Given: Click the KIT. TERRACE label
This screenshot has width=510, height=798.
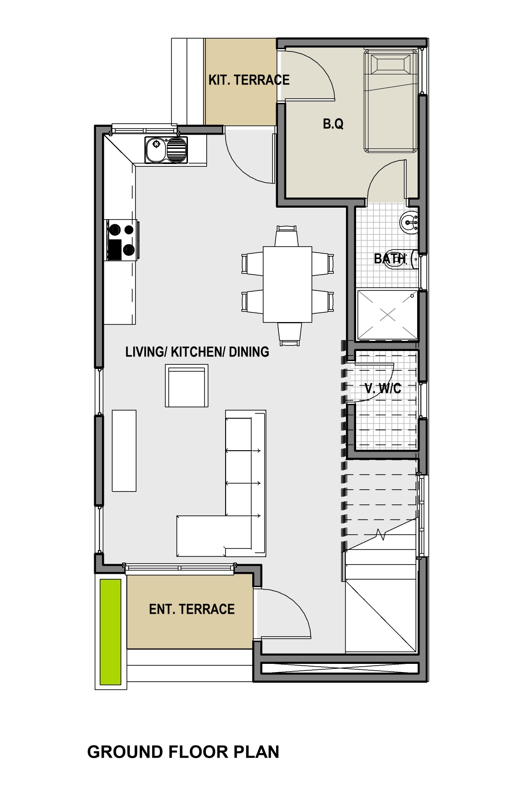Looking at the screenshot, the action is tap(249, 80).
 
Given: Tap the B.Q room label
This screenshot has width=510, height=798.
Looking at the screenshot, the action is tap(333, 124).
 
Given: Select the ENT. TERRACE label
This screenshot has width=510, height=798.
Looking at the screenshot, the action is tap(192, 609).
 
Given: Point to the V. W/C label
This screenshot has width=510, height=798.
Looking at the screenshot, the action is tap(383, 388).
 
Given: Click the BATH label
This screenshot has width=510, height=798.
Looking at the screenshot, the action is tap(390, 259).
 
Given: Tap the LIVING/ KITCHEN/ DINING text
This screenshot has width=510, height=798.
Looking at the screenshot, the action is tap(197, 352).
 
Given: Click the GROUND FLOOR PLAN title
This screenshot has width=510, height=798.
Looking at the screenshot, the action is tap(183, 752).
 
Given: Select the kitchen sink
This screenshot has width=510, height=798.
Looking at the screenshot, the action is tap(166, 150).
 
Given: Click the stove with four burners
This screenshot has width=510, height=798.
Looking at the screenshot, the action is tap(123, 240).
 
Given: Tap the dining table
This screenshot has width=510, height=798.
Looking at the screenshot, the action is tap(288, 284).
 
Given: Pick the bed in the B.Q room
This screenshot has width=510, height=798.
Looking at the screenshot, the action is tap(391, 101).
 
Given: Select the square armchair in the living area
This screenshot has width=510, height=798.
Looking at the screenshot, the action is tap(187, 385).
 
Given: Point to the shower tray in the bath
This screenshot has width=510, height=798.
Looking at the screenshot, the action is tap(388, 315).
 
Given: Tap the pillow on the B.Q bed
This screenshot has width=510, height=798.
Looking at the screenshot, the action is tap(391, 63).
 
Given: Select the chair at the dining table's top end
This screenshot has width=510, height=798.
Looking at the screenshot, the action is tap(287, 236).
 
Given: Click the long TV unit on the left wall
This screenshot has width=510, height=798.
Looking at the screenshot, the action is tap(124, 451).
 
